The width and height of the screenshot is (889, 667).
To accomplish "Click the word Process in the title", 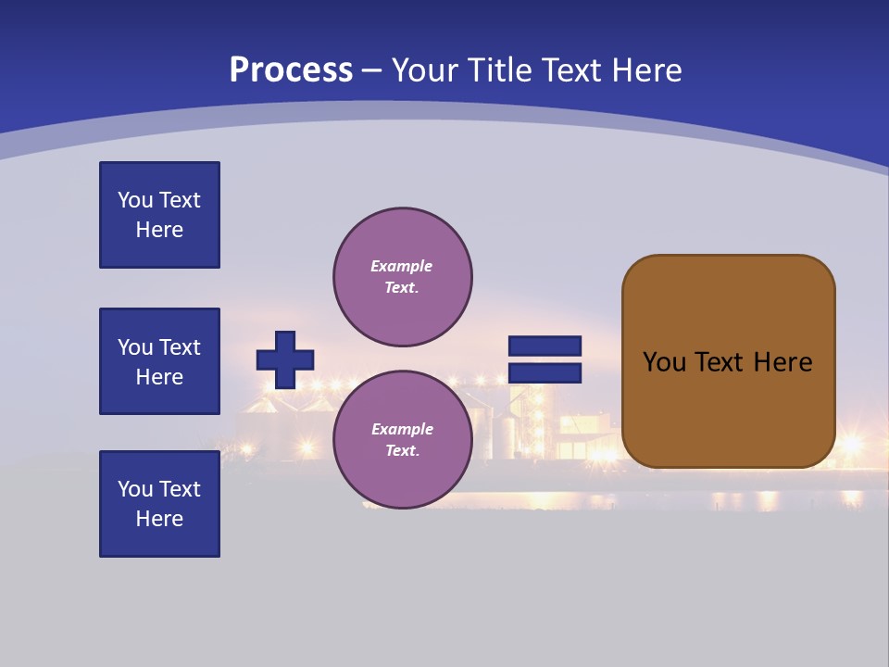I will [x=291, y=70].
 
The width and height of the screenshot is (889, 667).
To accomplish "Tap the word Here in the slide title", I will [x=644, y=70].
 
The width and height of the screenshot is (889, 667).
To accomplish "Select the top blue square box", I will [x=159, y=215].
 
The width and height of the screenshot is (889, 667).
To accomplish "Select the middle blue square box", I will [x=159, y=361].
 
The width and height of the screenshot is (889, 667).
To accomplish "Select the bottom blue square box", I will [x=159, y=504].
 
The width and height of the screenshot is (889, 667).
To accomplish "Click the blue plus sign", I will [x=285, y=359].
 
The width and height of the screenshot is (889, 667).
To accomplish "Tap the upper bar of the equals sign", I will [x=545, y=346].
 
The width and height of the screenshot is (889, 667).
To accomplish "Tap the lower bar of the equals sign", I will [x=545, y=373].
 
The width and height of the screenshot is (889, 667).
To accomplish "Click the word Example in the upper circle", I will [x=401, y=266].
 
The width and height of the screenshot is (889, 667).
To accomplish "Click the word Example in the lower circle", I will [x=402, y=429].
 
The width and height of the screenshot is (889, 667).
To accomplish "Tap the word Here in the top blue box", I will [x=159, y=230].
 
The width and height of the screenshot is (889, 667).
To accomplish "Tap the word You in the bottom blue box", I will [x=135, y=489].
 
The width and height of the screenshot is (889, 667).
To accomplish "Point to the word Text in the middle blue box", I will [x=180, y=347].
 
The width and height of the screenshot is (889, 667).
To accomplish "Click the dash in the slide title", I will [x=372, y=70].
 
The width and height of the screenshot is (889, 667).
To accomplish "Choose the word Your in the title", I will [x=426, y=70].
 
